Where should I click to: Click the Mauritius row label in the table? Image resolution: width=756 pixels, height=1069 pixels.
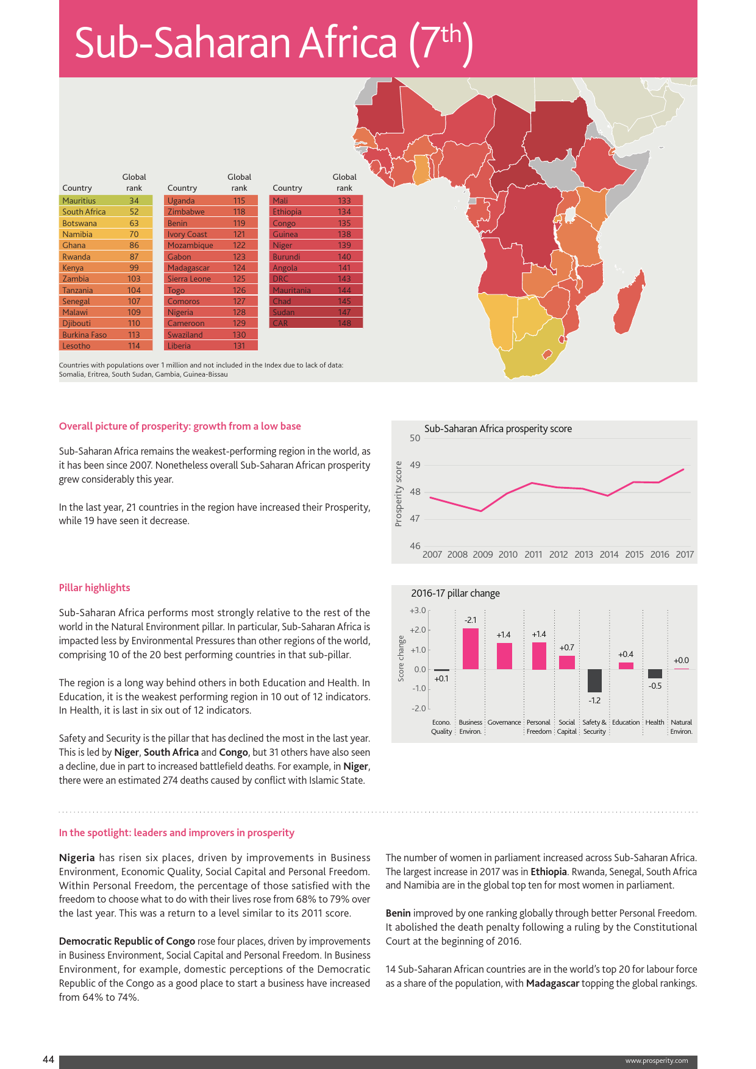coord(79,201)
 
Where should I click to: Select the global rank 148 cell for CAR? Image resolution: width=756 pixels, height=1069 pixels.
coord(344,324)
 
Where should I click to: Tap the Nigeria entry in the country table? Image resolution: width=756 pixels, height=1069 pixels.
coord(180,313)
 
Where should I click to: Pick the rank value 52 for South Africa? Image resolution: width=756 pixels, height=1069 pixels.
coord(134,212)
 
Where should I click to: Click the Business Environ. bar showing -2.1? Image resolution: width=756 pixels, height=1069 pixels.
coord(471,648)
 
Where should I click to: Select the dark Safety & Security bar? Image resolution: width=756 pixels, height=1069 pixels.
coord(594,680)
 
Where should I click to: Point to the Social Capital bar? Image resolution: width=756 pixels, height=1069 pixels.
coord(567,662)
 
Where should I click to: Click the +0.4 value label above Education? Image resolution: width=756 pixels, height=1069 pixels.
coord(626,654)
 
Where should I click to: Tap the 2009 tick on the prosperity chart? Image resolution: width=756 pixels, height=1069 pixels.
coord(483,555)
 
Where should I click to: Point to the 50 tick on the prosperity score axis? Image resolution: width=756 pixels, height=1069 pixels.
coord(415,438)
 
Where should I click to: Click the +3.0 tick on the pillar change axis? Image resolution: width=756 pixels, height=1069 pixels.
coord(418,610)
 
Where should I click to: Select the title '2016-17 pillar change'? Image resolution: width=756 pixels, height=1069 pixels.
coord(455,593)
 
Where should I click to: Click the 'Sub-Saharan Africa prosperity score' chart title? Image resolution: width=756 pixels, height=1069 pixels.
coord(498,428)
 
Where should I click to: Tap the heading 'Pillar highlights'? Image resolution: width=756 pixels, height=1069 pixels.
coord(94,588)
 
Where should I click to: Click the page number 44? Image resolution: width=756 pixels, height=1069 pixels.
coord(48,1060)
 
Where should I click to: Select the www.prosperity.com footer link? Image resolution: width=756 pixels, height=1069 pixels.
coord(657,1060)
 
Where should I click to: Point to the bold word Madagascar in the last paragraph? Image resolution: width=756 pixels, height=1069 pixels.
coord(552,983)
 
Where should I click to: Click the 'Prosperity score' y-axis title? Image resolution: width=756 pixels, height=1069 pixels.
coord(399,493)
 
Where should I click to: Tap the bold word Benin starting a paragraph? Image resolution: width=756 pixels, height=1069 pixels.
coord(398,913)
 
